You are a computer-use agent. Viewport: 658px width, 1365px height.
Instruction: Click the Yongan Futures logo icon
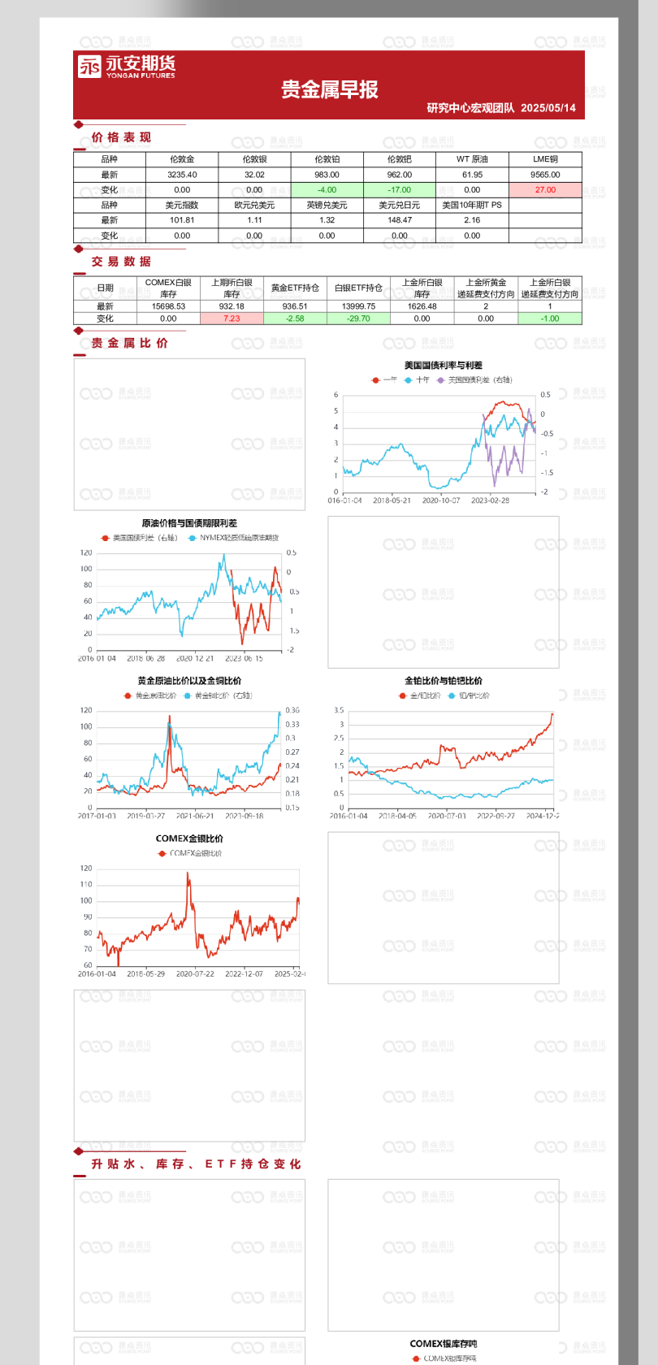coord(89,67)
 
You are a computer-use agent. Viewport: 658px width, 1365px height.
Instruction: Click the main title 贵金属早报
coord(330,89)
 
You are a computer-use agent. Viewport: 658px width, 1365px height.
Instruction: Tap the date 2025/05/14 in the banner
coord(548,108)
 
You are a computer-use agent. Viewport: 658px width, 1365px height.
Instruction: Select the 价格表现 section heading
coord(121,137)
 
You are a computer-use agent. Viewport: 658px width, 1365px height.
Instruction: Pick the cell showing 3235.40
coord(182,175)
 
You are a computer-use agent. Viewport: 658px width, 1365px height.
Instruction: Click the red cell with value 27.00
coord(545,190)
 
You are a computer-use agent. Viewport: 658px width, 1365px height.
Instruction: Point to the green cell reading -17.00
coord(400,190)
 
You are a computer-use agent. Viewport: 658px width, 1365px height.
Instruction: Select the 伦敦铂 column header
coord(327,159)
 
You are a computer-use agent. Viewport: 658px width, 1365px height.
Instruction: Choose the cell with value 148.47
coord(400,220)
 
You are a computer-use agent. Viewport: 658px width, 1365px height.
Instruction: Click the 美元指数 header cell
coord(182,205)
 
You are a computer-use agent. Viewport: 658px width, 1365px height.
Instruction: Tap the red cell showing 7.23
coord(232,318)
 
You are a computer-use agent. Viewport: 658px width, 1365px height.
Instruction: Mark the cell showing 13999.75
coord(358,306)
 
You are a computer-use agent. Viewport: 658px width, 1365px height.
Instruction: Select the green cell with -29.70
coord(358,318)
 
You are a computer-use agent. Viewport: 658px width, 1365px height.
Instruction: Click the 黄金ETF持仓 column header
coord(295,288)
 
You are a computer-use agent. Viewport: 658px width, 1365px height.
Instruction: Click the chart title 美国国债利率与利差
coord(444,366)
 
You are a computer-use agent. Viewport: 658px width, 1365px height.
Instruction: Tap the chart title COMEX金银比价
coord(189,838)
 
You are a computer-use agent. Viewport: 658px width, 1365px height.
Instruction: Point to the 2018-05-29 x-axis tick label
coord(146,973)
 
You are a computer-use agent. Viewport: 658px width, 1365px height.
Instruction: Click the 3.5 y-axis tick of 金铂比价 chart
coord(339,710)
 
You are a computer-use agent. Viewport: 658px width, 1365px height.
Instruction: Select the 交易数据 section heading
coord(121,262)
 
